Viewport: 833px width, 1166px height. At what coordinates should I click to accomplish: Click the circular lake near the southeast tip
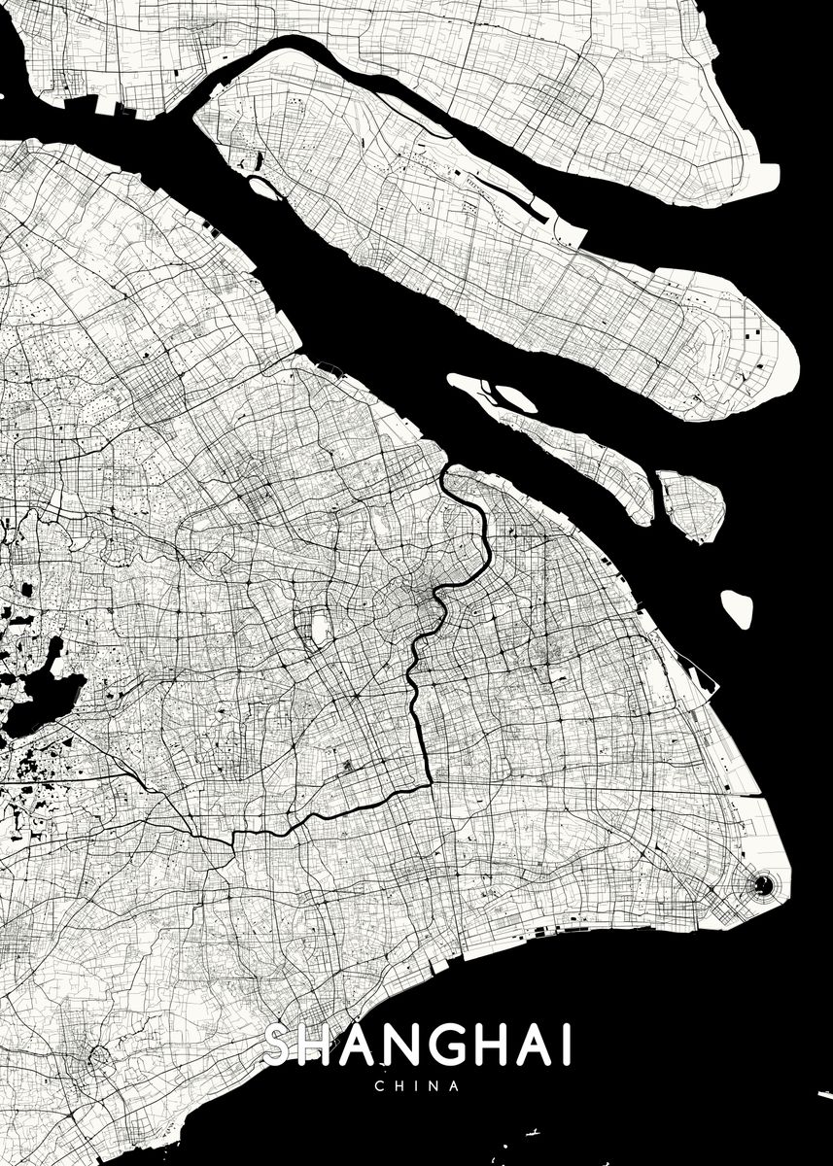(x=764, y=883)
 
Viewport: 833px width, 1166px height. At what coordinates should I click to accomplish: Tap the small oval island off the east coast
(x=736, y=608)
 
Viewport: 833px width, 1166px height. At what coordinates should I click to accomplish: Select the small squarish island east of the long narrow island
(x=691, y=505)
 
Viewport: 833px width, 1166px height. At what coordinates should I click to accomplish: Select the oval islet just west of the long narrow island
(x=515, y=397)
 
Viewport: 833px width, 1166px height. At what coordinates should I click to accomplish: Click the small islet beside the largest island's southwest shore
(x=265, y=188)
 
